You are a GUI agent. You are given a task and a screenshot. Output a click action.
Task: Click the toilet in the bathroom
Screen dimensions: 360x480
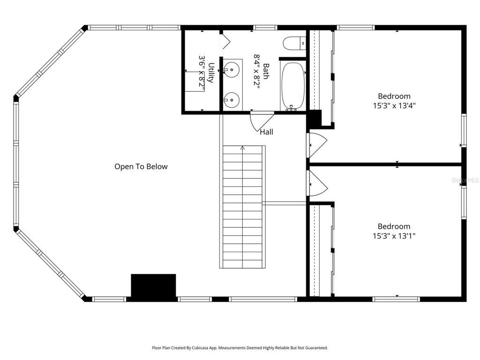click(x=294, y=44)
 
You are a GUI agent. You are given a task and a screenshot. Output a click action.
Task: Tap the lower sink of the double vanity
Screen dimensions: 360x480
click(x=231, y=99)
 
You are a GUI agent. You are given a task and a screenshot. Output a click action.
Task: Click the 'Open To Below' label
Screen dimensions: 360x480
click(x=141, y=166)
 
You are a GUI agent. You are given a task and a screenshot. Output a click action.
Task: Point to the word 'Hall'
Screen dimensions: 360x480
click(x=266, y=132)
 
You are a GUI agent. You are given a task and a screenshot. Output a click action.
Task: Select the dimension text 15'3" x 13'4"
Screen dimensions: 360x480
click(x=394, y=106)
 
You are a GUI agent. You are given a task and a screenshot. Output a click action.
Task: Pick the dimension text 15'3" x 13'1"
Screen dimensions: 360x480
click(x=394, y=236)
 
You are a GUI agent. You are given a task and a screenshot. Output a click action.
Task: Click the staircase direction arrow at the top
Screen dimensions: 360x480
click(x=242, y=148)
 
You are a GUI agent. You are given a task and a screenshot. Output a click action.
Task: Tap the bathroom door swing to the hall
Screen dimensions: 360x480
click(x=260, y=121)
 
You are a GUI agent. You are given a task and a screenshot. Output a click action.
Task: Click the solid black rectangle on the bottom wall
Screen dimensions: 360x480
click(x=153, y=285)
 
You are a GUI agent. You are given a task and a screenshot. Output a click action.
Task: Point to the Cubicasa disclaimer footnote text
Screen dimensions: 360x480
click(x=240, y=348)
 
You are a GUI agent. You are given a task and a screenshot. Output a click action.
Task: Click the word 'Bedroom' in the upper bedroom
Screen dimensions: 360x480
click(x=394, y=97)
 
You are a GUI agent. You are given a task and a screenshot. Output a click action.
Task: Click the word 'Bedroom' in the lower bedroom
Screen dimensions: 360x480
click(x=394, y=226)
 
